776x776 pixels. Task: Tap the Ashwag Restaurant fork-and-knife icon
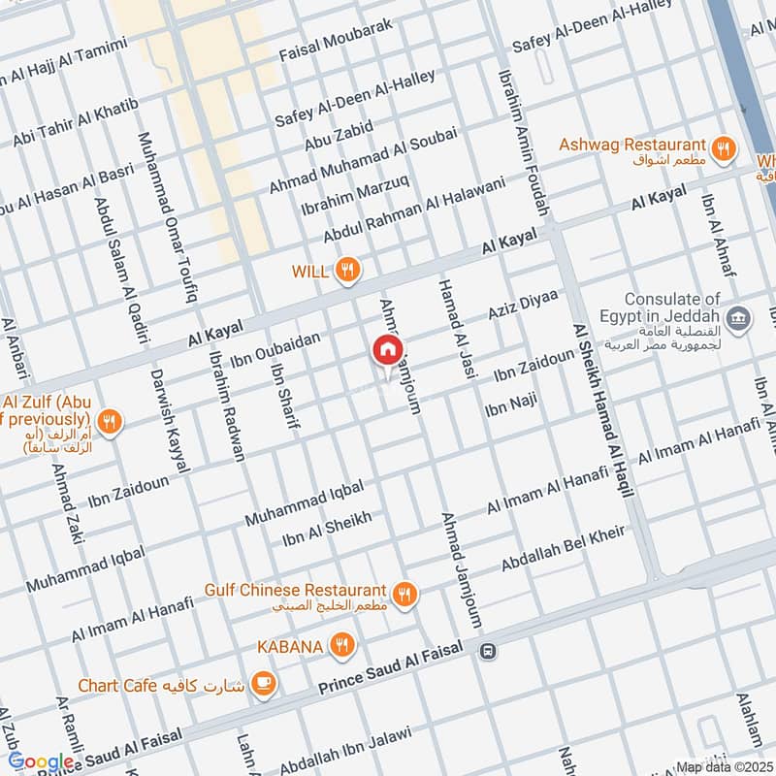click(x=722, y=148)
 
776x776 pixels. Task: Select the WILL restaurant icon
click(x=347, y=271)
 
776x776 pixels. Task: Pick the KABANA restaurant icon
click(x=339, y=644)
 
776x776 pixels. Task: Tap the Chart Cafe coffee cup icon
click(x=262, y=684)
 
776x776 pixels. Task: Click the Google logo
click(x=41, y=762)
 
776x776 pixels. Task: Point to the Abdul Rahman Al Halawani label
click(x=415, y=210)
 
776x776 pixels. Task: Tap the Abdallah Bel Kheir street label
click(x=563, y=549)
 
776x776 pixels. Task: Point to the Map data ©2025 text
click(x=724, y=766)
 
